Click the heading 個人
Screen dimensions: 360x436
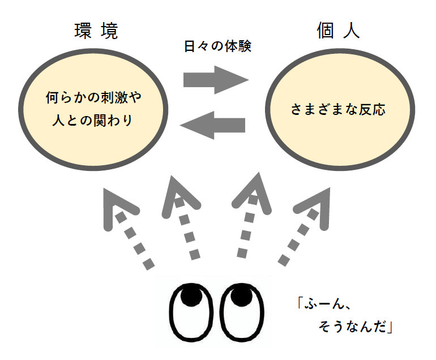point(338,32)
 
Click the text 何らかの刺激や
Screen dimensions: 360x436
point(93,97)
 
